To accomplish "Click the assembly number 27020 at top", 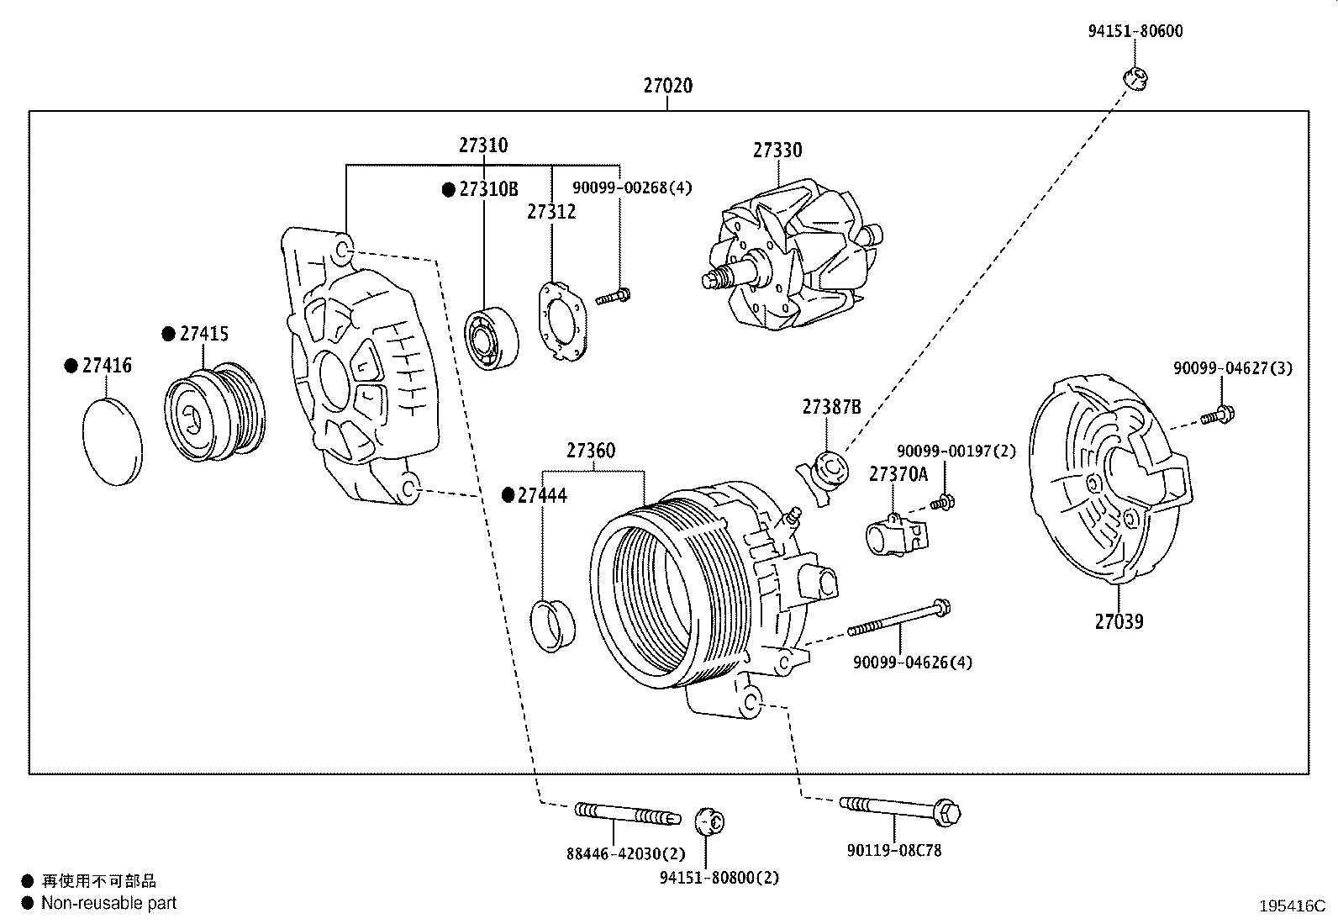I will [x=668, y=86].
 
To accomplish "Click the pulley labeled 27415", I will [x=214, y=413].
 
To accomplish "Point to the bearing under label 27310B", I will [x=492, y=338].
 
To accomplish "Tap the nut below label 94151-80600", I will [x=1135, y=78].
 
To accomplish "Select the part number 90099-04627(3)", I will [x=1233, y=367].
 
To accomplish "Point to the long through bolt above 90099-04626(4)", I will [x=899, y=617].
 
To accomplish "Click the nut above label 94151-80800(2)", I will [x=710, y=821].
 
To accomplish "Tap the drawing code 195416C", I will [x=1291, y=906].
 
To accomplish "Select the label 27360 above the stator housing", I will [x=590, y=451].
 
